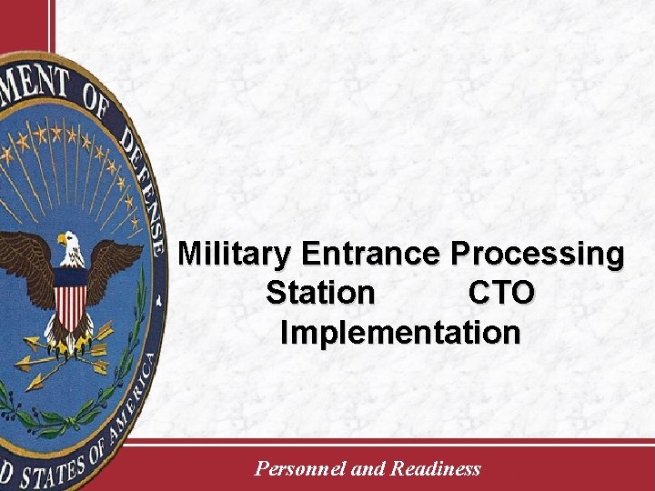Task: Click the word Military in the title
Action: [x=237, y=253]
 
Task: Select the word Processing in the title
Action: [x=538, y=253]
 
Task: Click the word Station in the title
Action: [x=320, y=293]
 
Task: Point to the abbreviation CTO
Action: [x=502, y=293]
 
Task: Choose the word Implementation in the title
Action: [x=400, y=332]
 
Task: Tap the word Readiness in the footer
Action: [x=435, y=469]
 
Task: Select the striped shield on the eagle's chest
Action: [x=70, y=300]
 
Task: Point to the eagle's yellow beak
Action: [x=61, y=244]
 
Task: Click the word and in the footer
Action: [x=368, y=469]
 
